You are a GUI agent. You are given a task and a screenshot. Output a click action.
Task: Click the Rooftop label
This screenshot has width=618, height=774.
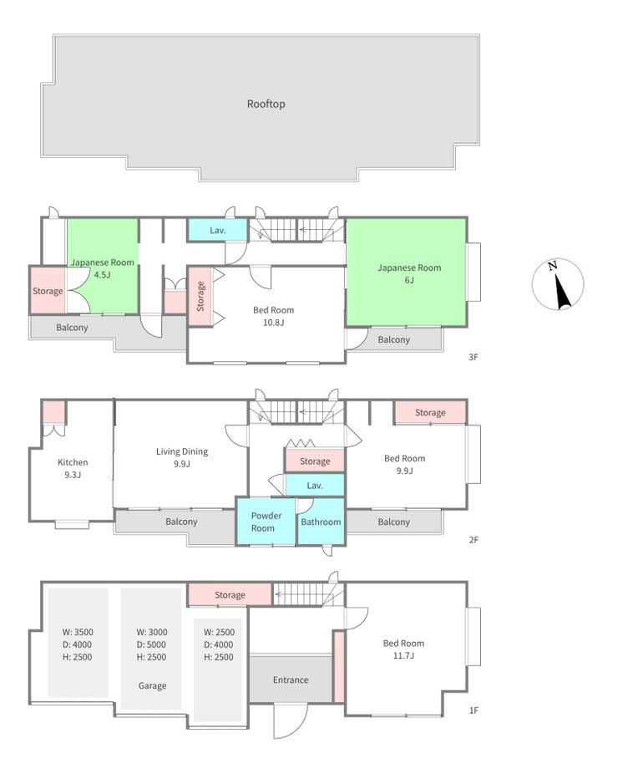pyautogui.click(x=266, y=104)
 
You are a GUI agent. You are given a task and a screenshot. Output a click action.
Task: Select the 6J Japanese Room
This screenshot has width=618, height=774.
pyautogui.click(x=407, y=272)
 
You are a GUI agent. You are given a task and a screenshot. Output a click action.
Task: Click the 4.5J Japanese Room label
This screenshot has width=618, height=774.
pyautogui.click(x=102, y=268)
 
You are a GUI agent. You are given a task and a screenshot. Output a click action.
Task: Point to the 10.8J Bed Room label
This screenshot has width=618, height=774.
pyautogui.click(x=273, y=316)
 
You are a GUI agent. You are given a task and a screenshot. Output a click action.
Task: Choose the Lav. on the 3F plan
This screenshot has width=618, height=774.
pyautogui.click(x=217, y=230)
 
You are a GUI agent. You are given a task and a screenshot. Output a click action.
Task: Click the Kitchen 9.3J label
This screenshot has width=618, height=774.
pyautogui.click(x=73, y=468)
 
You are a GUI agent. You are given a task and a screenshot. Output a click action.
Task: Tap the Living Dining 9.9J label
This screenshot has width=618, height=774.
pyautogui.click(x=181, y=457)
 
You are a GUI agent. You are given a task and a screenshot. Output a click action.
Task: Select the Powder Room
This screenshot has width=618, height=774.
pyautogui.click(x=266, y=522)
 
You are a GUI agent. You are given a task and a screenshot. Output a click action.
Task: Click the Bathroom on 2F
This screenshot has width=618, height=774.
pyautogui.click(x=321, y=522)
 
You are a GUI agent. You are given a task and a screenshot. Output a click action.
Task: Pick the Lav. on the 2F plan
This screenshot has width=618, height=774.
pyautogui.click(x=315, y=486)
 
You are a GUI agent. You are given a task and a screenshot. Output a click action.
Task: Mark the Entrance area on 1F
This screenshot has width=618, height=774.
pyautogui.click(x=291, y=680)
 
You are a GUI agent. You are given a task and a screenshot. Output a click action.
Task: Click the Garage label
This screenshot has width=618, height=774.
pyautogui.click(x=152, y=685)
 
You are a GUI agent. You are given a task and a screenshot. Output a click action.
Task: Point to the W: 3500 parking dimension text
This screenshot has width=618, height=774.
pyautogui.click(x=78, y=632)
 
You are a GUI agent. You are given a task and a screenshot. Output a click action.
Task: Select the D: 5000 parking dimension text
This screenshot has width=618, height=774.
pyautogui.click(x=151, y=644)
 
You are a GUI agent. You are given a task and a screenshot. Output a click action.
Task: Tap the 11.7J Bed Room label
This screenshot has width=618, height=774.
pyautogui.click(x=403, y=649)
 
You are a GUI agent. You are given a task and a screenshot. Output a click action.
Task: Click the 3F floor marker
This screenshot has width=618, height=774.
pyautogui.click(x=473, y=357)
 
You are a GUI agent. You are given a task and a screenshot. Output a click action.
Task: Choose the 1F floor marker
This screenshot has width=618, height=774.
pyautogui.click(x=474, y=710)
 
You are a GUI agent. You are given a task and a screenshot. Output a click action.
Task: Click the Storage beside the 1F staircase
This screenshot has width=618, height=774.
pyautogui.click(x=230, y=595)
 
